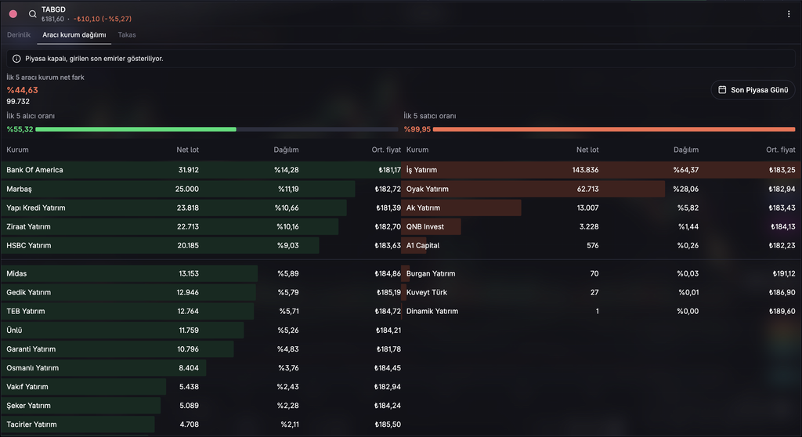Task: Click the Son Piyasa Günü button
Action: point(753,90)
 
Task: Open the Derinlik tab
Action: point(19,34)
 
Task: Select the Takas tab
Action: point(127,34)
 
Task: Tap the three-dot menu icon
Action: point(788,14)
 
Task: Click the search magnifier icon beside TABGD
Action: point(32,14)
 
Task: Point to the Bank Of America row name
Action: point(34,170)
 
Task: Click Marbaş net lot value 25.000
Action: point(186,189)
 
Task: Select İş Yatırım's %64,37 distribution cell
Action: point(686,170)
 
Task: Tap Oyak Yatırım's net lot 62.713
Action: point(587,189)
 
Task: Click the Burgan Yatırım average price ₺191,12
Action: point(783,274)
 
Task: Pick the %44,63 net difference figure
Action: point(22,90)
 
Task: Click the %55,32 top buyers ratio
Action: point(20,129)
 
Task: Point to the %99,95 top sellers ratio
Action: point(417,129)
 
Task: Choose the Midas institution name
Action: point(16,274)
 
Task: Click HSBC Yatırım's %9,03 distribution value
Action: point(288,246)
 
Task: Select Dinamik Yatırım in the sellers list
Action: point(432,311)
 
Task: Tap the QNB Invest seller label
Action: point(425,226)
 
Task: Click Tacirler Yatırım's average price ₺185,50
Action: point(388,424)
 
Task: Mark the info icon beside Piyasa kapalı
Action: point(16,59)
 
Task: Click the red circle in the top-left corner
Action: point(13,14)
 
